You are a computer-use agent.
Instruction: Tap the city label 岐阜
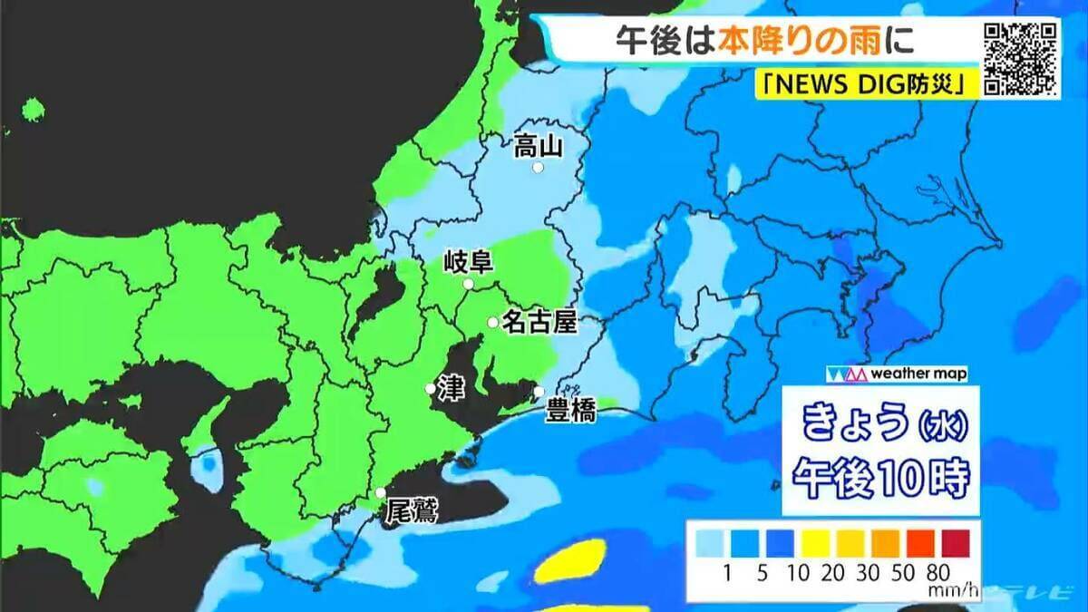coord(468,264)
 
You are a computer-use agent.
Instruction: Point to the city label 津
coord(449,388)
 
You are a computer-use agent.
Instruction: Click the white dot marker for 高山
coord(538,168)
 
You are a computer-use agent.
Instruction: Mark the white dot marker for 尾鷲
coord(381,493)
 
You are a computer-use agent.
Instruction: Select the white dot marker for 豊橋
coord(539,392)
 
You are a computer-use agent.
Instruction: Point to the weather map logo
coord(895,374)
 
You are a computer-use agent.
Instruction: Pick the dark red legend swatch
coord(953,542)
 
